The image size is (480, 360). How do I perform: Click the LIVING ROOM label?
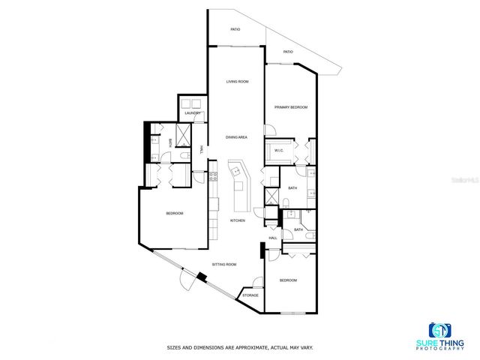pos(238,81)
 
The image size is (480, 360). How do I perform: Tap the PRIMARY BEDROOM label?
pos(291,107)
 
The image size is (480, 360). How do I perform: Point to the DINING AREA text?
pos(237,137)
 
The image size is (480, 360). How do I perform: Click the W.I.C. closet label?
pos(278,150)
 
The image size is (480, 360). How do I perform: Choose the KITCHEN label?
pos(238,220)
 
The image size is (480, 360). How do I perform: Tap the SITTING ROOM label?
pos(224,265)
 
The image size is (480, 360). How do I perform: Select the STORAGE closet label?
pos(250,295)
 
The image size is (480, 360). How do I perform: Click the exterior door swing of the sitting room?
pos(184,281)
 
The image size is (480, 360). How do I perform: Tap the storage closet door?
pos(257,283)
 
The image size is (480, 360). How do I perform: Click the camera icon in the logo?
pos(439,330)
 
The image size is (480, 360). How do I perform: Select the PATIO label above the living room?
pos(235,30)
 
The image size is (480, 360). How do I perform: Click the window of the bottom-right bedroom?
pos(291,313)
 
